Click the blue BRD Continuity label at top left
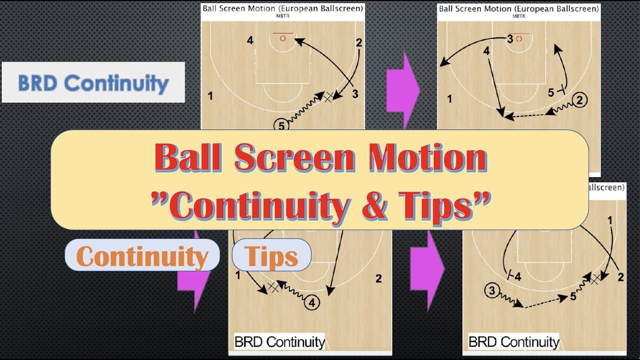click(93, 82)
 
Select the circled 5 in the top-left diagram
click(281, 125)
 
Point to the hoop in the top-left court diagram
click(282, 37)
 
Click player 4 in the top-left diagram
click(250, 40)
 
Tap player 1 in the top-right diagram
click(449, 99)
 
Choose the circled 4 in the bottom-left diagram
click(311, 302)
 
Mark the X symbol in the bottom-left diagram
click(273, 286)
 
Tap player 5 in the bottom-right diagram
click(573, 296)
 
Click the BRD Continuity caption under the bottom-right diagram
click(513, 342)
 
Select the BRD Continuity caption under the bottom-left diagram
click(279, 342)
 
